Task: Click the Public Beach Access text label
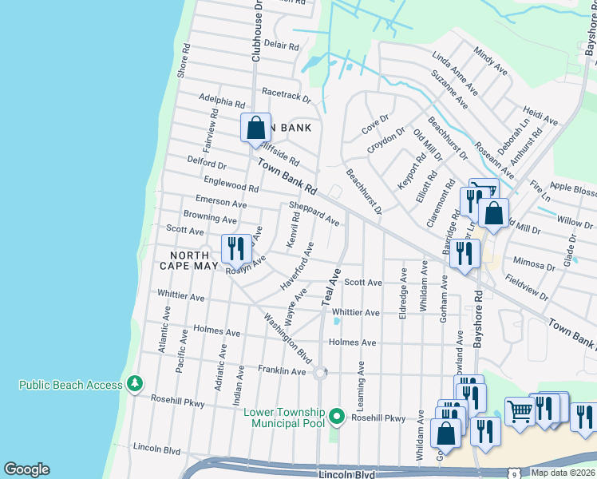70,385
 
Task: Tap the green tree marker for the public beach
135,385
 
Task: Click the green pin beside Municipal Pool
337,417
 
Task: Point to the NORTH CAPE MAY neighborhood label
189,260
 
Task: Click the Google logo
26,469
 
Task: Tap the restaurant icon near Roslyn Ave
235,248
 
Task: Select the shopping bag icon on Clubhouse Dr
255,128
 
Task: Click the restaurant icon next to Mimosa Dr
465,254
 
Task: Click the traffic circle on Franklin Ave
320,372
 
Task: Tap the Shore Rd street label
184,61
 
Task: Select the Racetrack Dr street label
286,97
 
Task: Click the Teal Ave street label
330,287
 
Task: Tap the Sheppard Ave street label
314,213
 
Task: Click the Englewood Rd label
231,185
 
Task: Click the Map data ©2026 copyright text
563,473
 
